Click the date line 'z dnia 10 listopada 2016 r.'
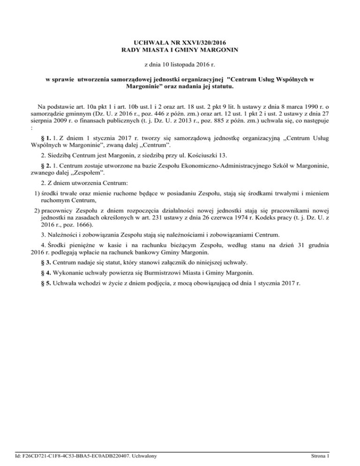point(180,64)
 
